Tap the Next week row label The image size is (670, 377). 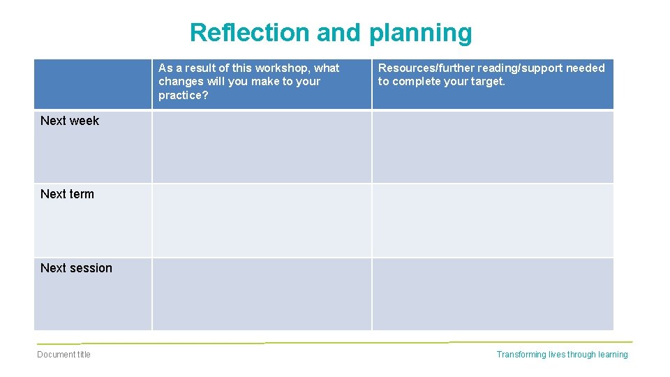click(70, 121)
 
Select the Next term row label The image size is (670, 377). click(67, 194)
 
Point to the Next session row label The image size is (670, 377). click(76, 268)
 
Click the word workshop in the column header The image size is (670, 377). click(283, 68)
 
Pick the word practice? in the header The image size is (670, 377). click(184, 95)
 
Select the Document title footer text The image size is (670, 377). click(64, 355)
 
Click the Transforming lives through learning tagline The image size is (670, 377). click(562, 355)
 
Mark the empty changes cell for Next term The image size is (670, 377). click(262, 220)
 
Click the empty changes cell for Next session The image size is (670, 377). click(262, 294)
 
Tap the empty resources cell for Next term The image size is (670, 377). click(493, 220)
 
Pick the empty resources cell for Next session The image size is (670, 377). click(493, 294)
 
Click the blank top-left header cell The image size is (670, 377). click(93, 84)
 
